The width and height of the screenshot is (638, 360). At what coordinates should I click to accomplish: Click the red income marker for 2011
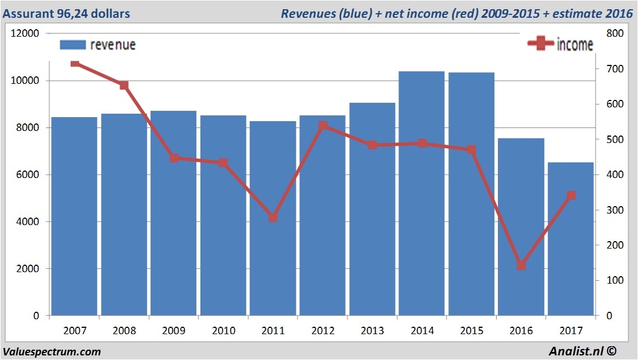click(x=273, y=218)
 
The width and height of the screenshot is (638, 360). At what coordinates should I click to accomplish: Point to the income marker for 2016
click(x=521, y=265)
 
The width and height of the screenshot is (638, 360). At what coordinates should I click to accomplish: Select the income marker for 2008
click(x=124, y=86)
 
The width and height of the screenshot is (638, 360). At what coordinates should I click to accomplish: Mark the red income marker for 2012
click(x=323, y=126)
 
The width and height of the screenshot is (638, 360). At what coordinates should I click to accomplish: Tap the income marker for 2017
click(x=571, y=196)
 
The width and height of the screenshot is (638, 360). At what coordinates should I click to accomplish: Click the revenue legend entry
click(x=98, y=45)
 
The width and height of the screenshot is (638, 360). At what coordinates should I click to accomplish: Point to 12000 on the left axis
click(x=25, y=33)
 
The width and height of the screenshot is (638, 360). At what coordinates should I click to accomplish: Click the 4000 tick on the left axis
click(x=28, y=222)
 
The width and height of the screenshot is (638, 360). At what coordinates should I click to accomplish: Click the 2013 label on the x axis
click(x=372, y=331)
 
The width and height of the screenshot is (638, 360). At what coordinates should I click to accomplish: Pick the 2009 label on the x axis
click(x=173, y=331)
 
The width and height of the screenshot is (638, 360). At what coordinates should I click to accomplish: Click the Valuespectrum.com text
click(x=52, y=351)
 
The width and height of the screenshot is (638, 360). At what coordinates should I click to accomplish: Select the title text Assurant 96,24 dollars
click(x=66, y=13)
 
